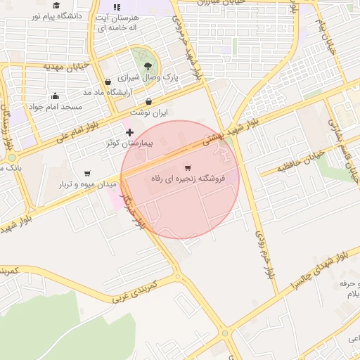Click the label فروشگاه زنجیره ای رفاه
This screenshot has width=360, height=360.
point(188,179)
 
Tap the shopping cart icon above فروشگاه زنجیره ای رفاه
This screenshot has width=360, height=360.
point(188,167)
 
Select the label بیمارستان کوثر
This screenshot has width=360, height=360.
point(129,143)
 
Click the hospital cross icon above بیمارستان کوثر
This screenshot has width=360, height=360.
point(129,132)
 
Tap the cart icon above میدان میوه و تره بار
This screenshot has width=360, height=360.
point(87,173)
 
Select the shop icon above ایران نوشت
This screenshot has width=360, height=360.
point(148,101)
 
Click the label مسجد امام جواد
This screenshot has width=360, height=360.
point(56,107)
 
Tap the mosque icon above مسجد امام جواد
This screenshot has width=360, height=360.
point(56,96)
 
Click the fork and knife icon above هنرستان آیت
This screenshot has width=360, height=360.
point(117,6)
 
